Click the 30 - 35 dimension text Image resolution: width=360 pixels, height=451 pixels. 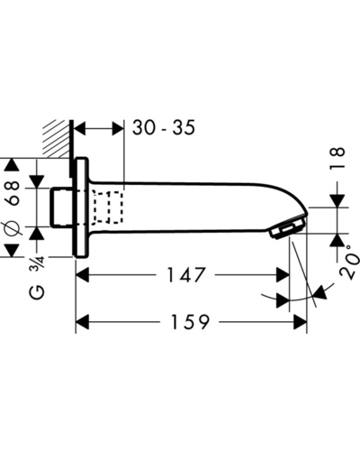[164, 127]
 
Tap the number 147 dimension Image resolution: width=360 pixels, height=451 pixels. [186, 275]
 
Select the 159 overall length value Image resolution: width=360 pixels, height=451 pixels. [190, 322]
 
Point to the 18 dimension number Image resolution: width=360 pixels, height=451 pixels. [337, 159]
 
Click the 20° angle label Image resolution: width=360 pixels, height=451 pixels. [349, 262]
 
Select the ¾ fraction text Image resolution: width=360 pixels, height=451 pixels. [37, 263]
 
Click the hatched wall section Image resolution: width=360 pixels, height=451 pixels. [57, 138]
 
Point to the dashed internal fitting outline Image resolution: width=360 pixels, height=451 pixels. [108, 207]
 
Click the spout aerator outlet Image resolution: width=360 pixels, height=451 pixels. [287, 228]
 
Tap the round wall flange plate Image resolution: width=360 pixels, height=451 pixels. [81, 207]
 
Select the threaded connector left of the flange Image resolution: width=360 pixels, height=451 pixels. [62, 207]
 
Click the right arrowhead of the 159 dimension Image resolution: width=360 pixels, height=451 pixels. [300, 322]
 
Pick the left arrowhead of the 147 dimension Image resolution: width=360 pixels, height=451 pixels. [83, 275]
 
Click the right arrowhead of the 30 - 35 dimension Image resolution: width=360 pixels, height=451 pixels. [118, 129]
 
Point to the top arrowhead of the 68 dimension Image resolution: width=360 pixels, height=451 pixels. [12, 165]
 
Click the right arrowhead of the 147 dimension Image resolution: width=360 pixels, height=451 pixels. [283, 275]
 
